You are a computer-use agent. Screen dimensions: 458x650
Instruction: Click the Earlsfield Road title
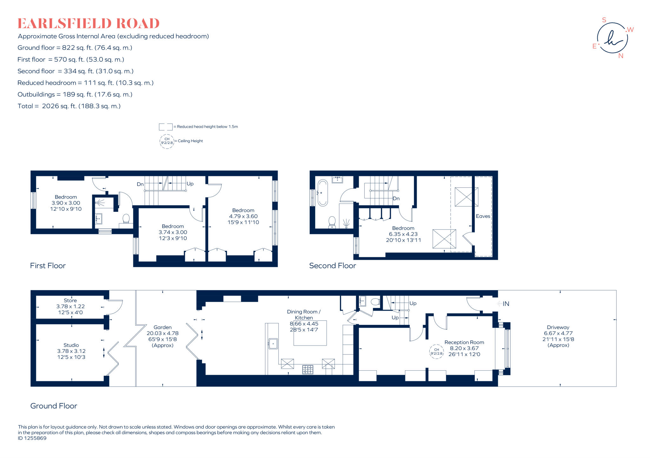[88, 24]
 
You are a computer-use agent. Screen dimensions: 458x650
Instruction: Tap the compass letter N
[621, 56]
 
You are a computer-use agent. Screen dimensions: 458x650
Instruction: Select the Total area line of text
[69, 106]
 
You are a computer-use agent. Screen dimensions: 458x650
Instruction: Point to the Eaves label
[483, 216]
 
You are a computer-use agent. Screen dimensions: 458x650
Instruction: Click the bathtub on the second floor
[322, 193]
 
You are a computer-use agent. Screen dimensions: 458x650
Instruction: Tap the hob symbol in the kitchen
[308, 369]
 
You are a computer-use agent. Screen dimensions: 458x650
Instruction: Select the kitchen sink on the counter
[273, 344]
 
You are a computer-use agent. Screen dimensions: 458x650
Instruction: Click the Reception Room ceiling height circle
[436, 352]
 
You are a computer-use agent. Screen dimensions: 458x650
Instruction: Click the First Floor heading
[48, 266]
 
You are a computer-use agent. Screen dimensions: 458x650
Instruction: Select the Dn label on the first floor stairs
[140, 184]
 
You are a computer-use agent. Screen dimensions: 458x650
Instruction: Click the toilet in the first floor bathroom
[126, 219]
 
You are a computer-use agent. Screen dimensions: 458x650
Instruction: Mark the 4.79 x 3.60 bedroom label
[243, 216]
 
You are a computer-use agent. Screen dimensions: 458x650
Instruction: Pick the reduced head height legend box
[165, 127]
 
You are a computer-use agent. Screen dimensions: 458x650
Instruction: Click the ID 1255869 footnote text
[32, 438]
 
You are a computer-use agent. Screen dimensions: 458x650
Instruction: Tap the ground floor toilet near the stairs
[375, 301]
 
